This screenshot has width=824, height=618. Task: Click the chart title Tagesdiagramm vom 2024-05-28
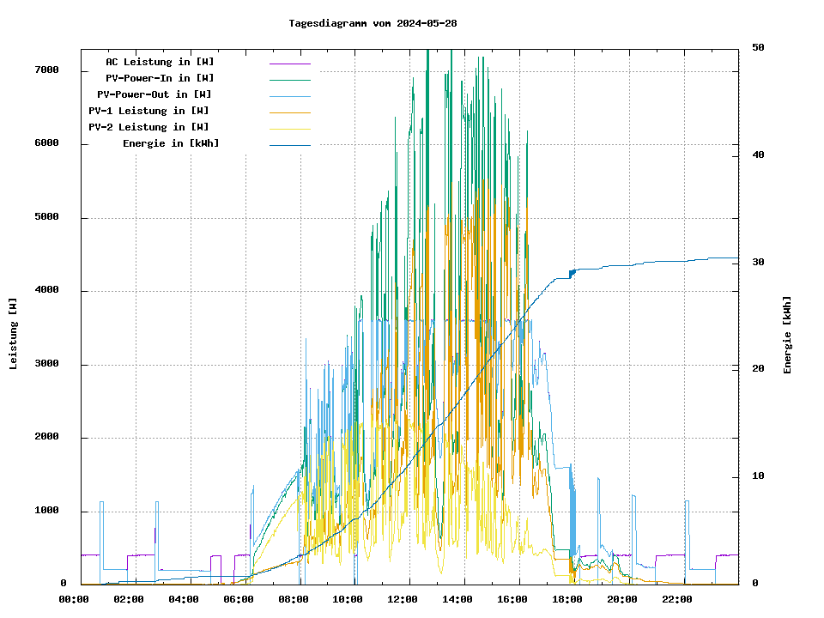tap(373, 23)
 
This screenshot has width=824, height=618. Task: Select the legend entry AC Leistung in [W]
tap(160, 62)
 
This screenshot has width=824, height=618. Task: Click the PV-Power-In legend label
tap(166, 78)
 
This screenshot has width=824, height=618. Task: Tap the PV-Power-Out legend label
tap(155, 94)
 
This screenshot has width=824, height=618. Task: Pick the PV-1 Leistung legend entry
tap(148, 111)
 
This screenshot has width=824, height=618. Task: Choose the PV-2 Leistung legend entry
tap(148, 127)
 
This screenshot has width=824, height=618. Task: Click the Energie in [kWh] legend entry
tap(171, 143)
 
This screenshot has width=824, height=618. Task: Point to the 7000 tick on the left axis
tap(46, 70)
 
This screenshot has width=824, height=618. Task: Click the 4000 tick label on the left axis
tap(46, 290)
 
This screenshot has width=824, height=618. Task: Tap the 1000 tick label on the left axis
tap(46, 511)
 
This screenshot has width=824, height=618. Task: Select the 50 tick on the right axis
tap(758, 47)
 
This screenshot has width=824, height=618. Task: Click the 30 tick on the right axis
tap(758, 262)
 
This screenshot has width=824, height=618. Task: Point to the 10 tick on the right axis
tap(758, 476)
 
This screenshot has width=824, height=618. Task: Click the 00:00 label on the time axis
tap(74, 599)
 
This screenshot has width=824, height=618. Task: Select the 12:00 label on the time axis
tap(403, 599)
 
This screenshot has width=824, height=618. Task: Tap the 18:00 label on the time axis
tap(567, 599)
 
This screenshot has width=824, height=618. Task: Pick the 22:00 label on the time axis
tap(677, 599)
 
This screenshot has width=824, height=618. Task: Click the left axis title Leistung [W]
tap(14, 333)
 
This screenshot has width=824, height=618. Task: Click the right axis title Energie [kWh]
tap(787, 335)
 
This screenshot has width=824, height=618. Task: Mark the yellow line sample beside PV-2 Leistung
tap(289, 128)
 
